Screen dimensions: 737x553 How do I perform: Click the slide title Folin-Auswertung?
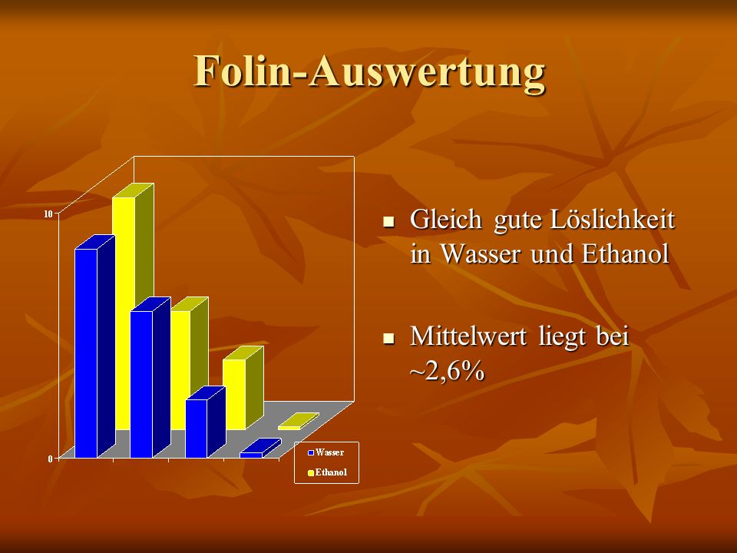369,71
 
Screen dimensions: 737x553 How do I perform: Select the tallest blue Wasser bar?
94,346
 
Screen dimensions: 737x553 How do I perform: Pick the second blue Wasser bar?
150,378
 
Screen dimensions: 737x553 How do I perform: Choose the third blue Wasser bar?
206,422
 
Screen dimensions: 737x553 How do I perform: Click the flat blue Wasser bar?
260,448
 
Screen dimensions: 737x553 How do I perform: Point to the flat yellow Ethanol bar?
299,422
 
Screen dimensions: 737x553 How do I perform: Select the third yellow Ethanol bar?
243,387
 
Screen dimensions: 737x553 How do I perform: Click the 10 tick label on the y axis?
48,214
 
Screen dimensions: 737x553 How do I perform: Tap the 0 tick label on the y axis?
51,459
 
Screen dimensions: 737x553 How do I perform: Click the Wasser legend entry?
326,452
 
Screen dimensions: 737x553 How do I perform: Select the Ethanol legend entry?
327,472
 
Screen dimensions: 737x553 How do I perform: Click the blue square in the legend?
311,453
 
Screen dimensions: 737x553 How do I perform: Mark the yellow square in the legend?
311,473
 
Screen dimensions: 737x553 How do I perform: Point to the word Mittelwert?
472,336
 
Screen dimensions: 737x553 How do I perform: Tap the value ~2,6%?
447,371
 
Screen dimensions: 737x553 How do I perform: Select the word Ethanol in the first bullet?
625,254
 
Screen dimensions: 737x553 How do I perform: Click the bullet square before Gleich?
388,221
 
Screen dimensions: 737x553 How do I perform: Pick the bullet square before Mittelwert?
388,338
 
